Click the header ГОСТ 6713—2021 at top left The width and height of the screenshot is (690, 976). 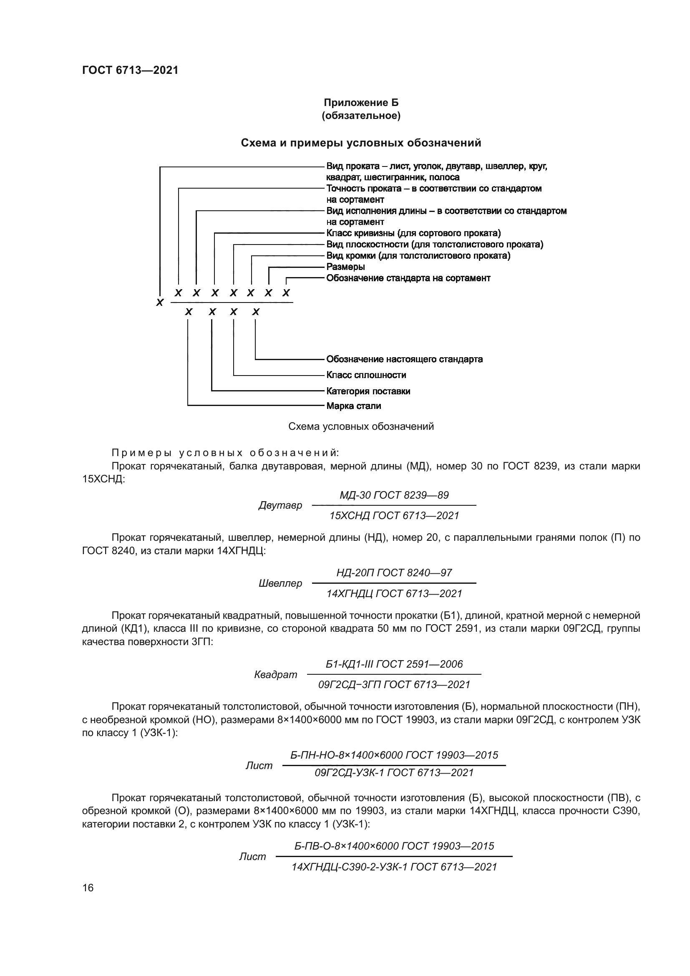click(130, 70)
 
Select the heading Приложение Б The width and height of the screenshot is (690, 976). click(361, 103)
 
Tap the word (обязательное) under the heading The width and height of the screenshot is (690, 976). click(361, 116)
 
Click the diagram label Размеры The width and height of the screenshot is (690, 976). click(345, 267)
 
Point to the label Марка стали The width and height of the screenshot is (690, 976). click(353, 406)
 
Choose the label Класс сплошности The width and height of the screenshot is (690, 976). click(366, 375)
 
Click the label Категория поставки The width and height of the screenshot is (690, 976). click(368, 391)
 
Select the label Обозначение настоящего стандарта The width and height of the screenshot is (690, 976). click(404, 359)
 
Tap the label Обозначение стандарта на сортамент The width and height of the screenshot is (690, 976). click(408, 278)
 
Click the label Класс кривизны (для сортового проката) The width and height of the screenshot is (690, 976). click(413, 233)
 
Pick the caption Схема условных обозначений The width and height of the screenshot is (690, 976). click(361, 426)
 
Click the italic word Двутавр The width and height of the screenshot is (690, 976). click(280, 505)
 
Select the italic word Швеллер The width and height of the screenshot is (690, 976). click(280, 583)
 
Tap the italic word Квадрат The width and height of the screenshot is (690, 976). click(276, 675)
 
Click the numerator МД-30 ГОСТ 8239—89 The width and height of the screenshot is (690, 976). click(394, 495)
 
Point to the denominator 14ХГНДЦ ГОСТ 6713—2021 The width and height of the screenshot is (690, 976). click(394, 593)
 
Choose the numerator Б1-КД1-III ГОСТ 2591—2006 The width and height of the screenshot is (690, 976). click(394, 664)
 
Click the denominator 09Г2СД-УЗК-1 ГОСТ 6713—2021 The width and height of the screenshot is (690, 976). click(394, 772)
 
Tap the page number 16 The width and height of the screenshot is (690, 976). click(88, 888)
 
